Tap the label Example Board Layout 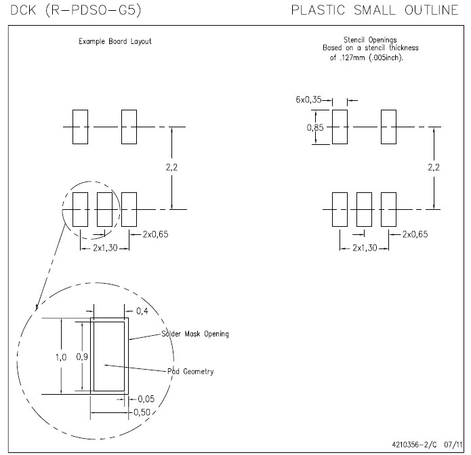click(115, 41)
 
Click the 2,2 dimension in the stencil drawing click(433, 167)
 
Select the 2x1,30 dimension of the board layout click(104, 248)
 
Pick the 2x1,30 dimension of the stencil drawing click(365, 248)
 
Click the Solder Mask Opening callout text click(194, 334)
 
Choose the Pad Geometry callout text click(190, 371)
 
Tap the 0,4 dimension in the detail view click(142, 311)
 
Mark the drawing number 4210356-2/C click(414, 444)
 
